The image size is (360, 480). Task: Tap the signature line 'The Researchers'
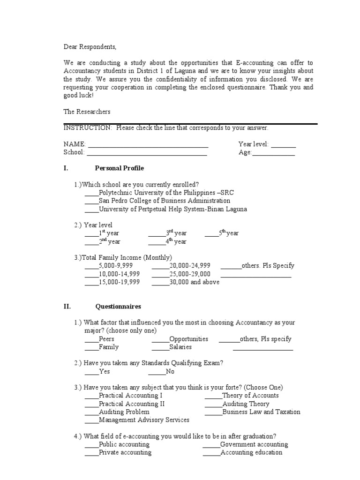click(87, 112)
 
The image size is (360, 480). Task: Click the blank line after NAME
click(148, 145)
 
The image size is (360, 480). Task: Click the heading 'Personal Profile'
click(120, 168)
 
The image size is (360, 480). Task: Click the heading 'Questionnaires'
click(118, 307)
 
